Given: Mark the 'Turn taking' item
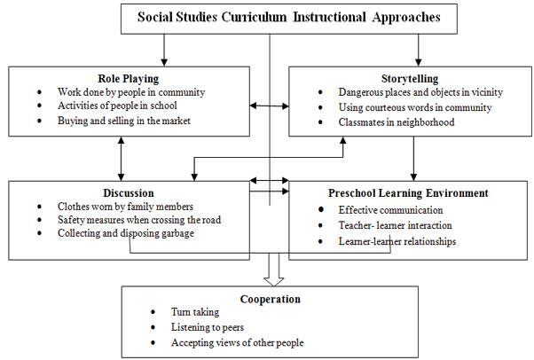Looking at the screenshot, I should [x=197, y=313].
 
